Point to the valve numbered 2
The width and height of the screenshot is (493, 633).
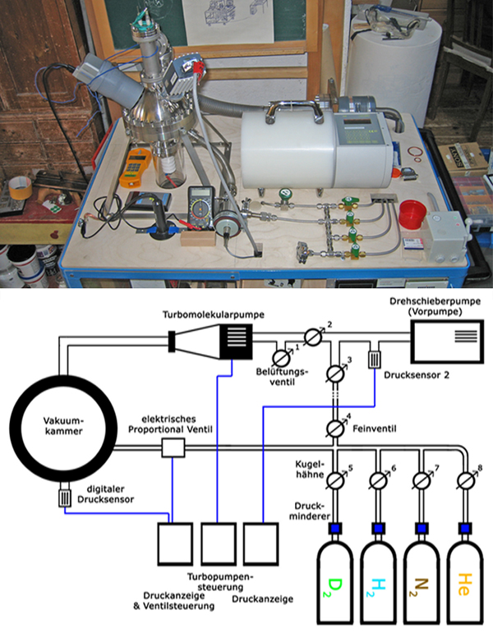pyautogui.click(x=312, y=337)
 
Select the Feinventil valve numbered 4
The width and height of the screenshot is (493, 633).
pyautogui.click(x=334, y=428)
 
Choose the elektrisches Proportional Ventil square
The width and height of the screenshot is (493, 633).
pyautogui.click(x=173, y=447)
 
